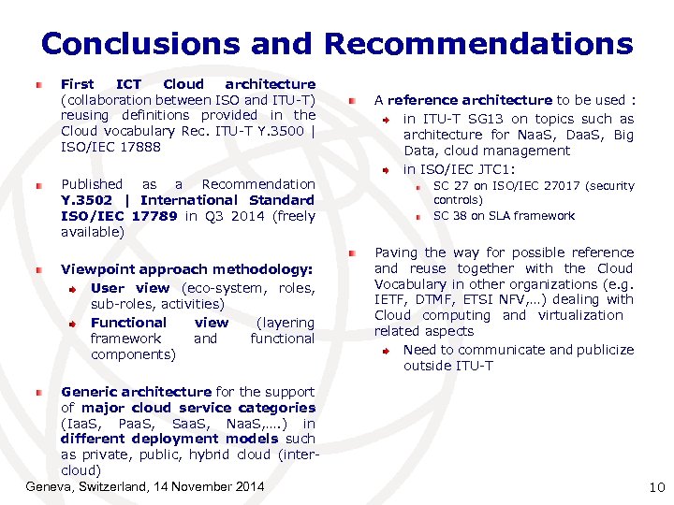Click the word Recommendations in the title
tap(478, 44)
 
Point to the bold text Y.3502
tap(86, 200)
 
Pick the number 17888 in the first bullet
tap(139, 147)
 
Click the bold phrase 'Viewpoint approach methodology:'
tap(186, 269)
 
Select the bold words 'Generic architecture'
tap(136, 392)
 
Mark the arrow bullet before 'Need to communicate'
tap(385, 351)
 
